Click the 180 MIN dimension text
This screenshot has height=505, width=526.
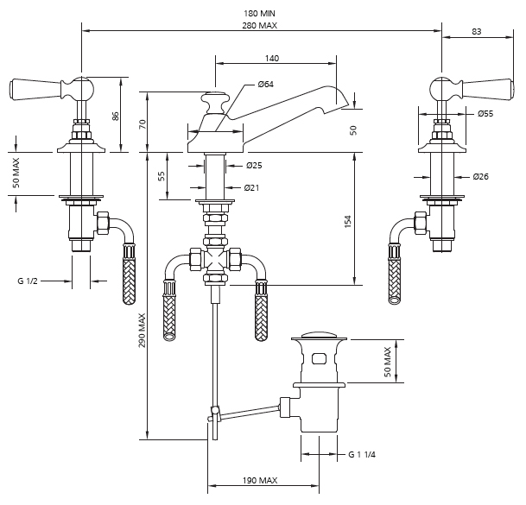[260, 13]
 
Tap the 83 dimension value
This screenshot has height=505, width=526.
[477, 31]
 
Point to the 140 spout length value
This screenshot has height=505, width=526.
[272, 58]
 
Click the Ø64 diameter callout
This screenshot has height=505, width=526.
[266, 84]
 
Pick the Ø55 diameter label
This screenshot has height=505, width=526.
[485, 113]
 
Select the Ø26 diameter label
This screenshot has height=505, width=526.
[481, 177]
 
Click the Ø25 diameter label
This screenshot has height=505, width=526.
[254, 165]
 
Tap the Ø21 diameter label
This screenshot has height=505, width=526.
[252, 187]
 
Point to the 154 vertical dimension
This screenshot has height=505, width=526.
[348, 221]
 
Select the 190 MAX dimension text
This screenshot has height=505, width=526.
[260, 480]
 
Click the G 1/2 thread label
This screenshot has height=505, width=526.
[31, 281]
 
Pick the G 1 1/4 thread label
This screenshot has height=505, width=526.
[362, 455]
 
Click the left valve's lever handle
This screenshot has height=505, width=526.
[35, 87]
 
